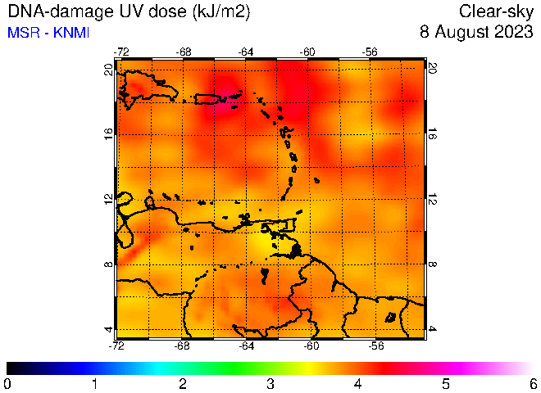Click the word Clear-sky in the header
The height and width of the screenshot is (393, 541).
pos(496,11)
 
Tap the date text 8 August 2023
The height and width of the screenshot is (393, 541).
pos(476,32)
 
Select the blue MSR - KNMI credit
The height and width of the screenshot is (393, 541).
pos(48,33)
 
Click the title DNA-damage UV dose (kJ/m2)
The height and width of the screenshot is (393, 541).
pos(129,11)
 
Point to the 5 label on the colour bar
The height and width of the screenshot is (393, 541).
pos(446,384)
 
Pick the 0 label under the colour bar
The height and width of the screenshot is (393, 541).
pos(7,384)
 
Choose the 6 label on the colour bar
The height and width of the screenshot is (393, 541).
pos(534,384)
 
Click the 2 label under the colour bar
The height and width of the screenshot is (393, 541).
pos(183,384)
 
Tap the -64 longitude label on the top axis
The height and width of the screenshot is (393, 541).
pos(246,52)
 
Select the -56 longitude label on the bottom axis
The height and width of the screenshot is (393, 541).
pos(375,346)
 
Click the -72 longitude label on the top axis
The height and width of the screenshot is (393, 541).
pos(121,52)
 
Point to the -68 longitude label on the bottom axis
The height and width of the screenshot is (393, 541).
pos(182,346)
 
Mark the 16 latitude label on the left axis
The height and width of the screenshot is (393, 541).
pos(109,132)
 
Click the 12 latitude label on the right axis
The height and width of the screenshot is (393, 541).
pos(432,199)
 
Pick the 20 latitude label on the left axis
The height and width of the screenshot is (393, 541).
pos(109,70)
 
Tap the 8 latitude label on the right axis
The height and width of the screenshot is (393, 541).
pos(432,264)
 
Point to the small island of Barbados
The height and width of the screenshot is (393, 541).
pos(316,180)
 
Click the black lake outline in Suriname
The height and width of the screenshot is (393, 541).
pos(390,317)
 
